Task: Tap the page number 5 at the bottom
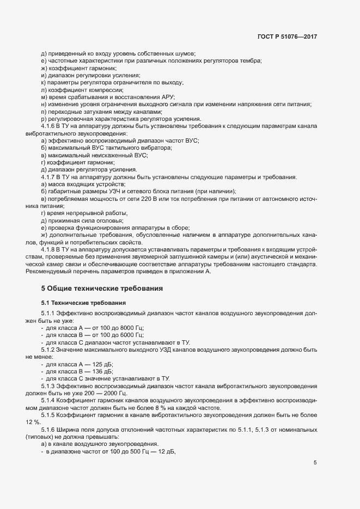(x=315, y=463)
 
